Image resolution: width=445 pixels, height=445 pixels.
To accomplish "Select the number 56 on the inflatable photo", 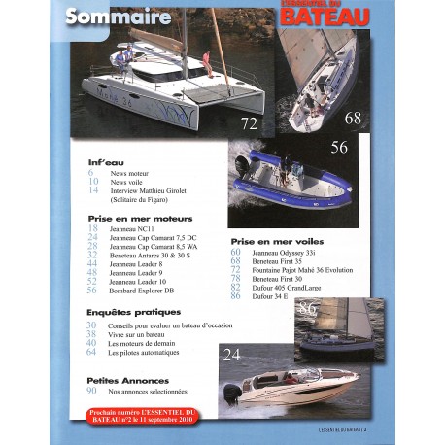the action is [x=339, y=149].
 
